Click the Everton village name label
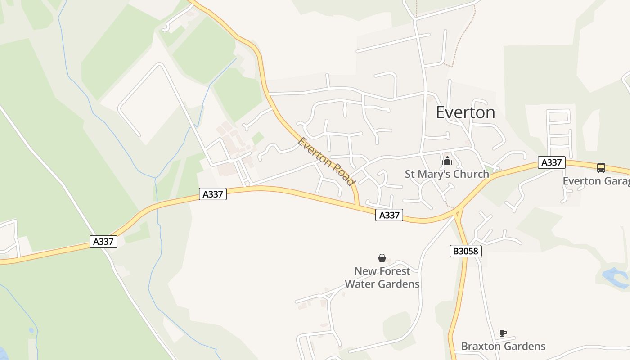[x=465, y=112]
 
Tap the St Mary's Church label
[x=446, y=174]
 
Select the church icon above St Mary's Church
[x=447, y=161]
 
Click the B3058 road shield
[x=465, y=251]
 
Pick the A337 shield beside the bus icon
[x=551, y=162]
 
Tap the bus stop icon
[x=601, y=168]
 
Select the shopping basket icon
[x=382, y=258]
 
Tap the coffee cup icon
[x=503, y=333]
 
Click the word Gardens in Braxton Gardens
[x=524, y=346]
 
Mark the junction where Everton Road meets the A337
[x=358, y=206]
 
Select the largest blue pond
[x=616, y=277]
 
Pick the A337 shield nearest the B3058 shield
[x=389, y=215]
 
